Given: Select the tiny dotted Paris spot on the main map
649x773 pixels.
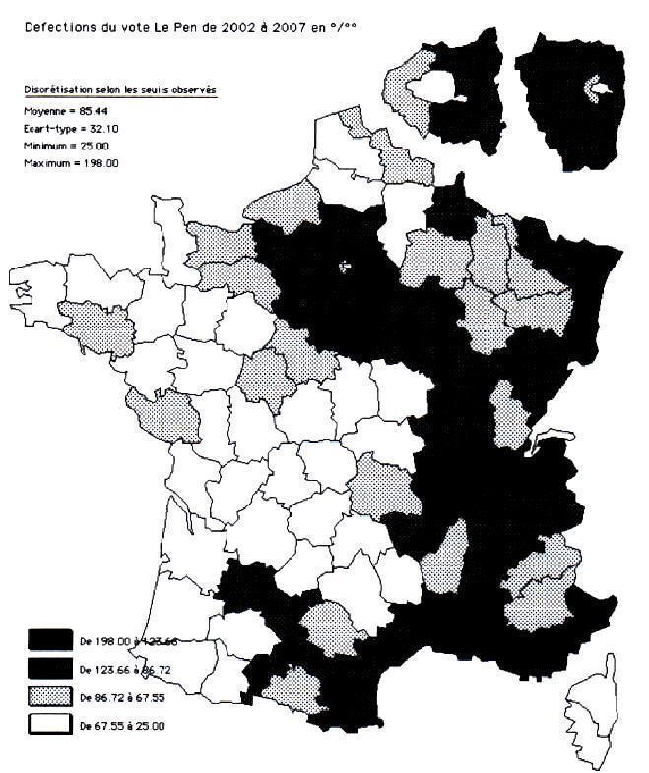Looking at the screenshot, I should tap(344, 265).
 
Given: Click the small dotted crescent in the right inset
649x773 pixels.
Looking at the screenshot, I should tap(594, 89).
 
